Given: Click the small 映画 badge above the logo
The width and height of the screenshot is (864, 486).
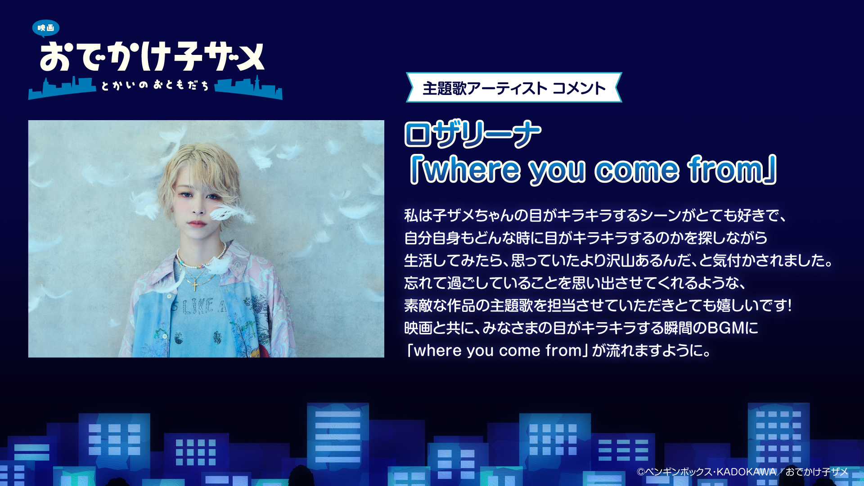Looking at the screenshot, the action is click(46, 28).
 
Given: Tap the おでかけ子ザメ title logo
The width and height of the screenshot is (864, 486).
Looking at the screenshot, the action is click(152, 57).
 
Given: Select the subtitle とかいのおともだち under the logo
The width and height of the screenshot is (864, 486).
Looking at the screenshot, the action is click(155, 85).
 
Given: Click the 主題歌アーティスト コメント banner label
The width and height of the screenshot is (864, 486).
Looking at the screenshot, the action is click(514, 88).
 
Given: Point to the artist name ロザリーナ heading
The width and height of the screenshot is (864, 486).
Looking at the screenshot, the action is click(472, 134).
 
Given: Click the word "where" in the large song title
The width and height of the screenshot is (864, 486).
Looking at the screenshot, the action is click(472, 170).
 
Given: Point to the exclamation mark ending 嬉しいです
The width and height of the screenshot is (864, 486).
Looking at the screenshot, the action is click(789, 305).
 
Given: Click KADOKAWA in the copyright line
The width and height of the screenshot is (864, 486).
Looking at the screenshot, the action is click(746, 472).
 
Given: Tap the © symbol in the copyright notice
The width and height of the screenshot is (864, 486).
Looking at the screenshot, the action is click(640, 472).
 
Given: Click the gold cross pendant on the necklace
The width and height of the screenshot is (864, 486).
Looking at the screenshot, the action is click(195, 285).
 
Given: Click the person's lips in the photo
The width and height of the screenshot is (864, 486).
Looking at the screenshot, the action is click(197, 223).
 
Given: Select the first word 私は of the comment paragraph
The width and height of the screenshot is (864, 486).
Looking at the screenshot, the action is click(418, 215).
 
